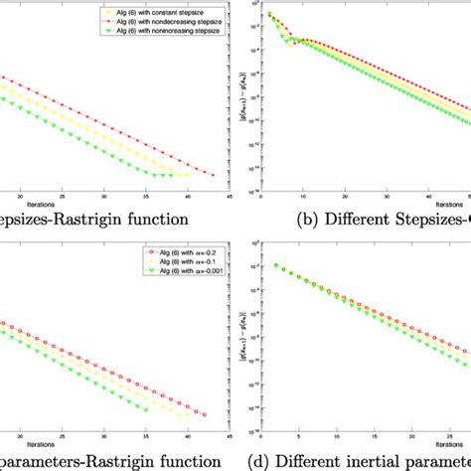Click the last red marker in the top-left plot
(x=210, y=172)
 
